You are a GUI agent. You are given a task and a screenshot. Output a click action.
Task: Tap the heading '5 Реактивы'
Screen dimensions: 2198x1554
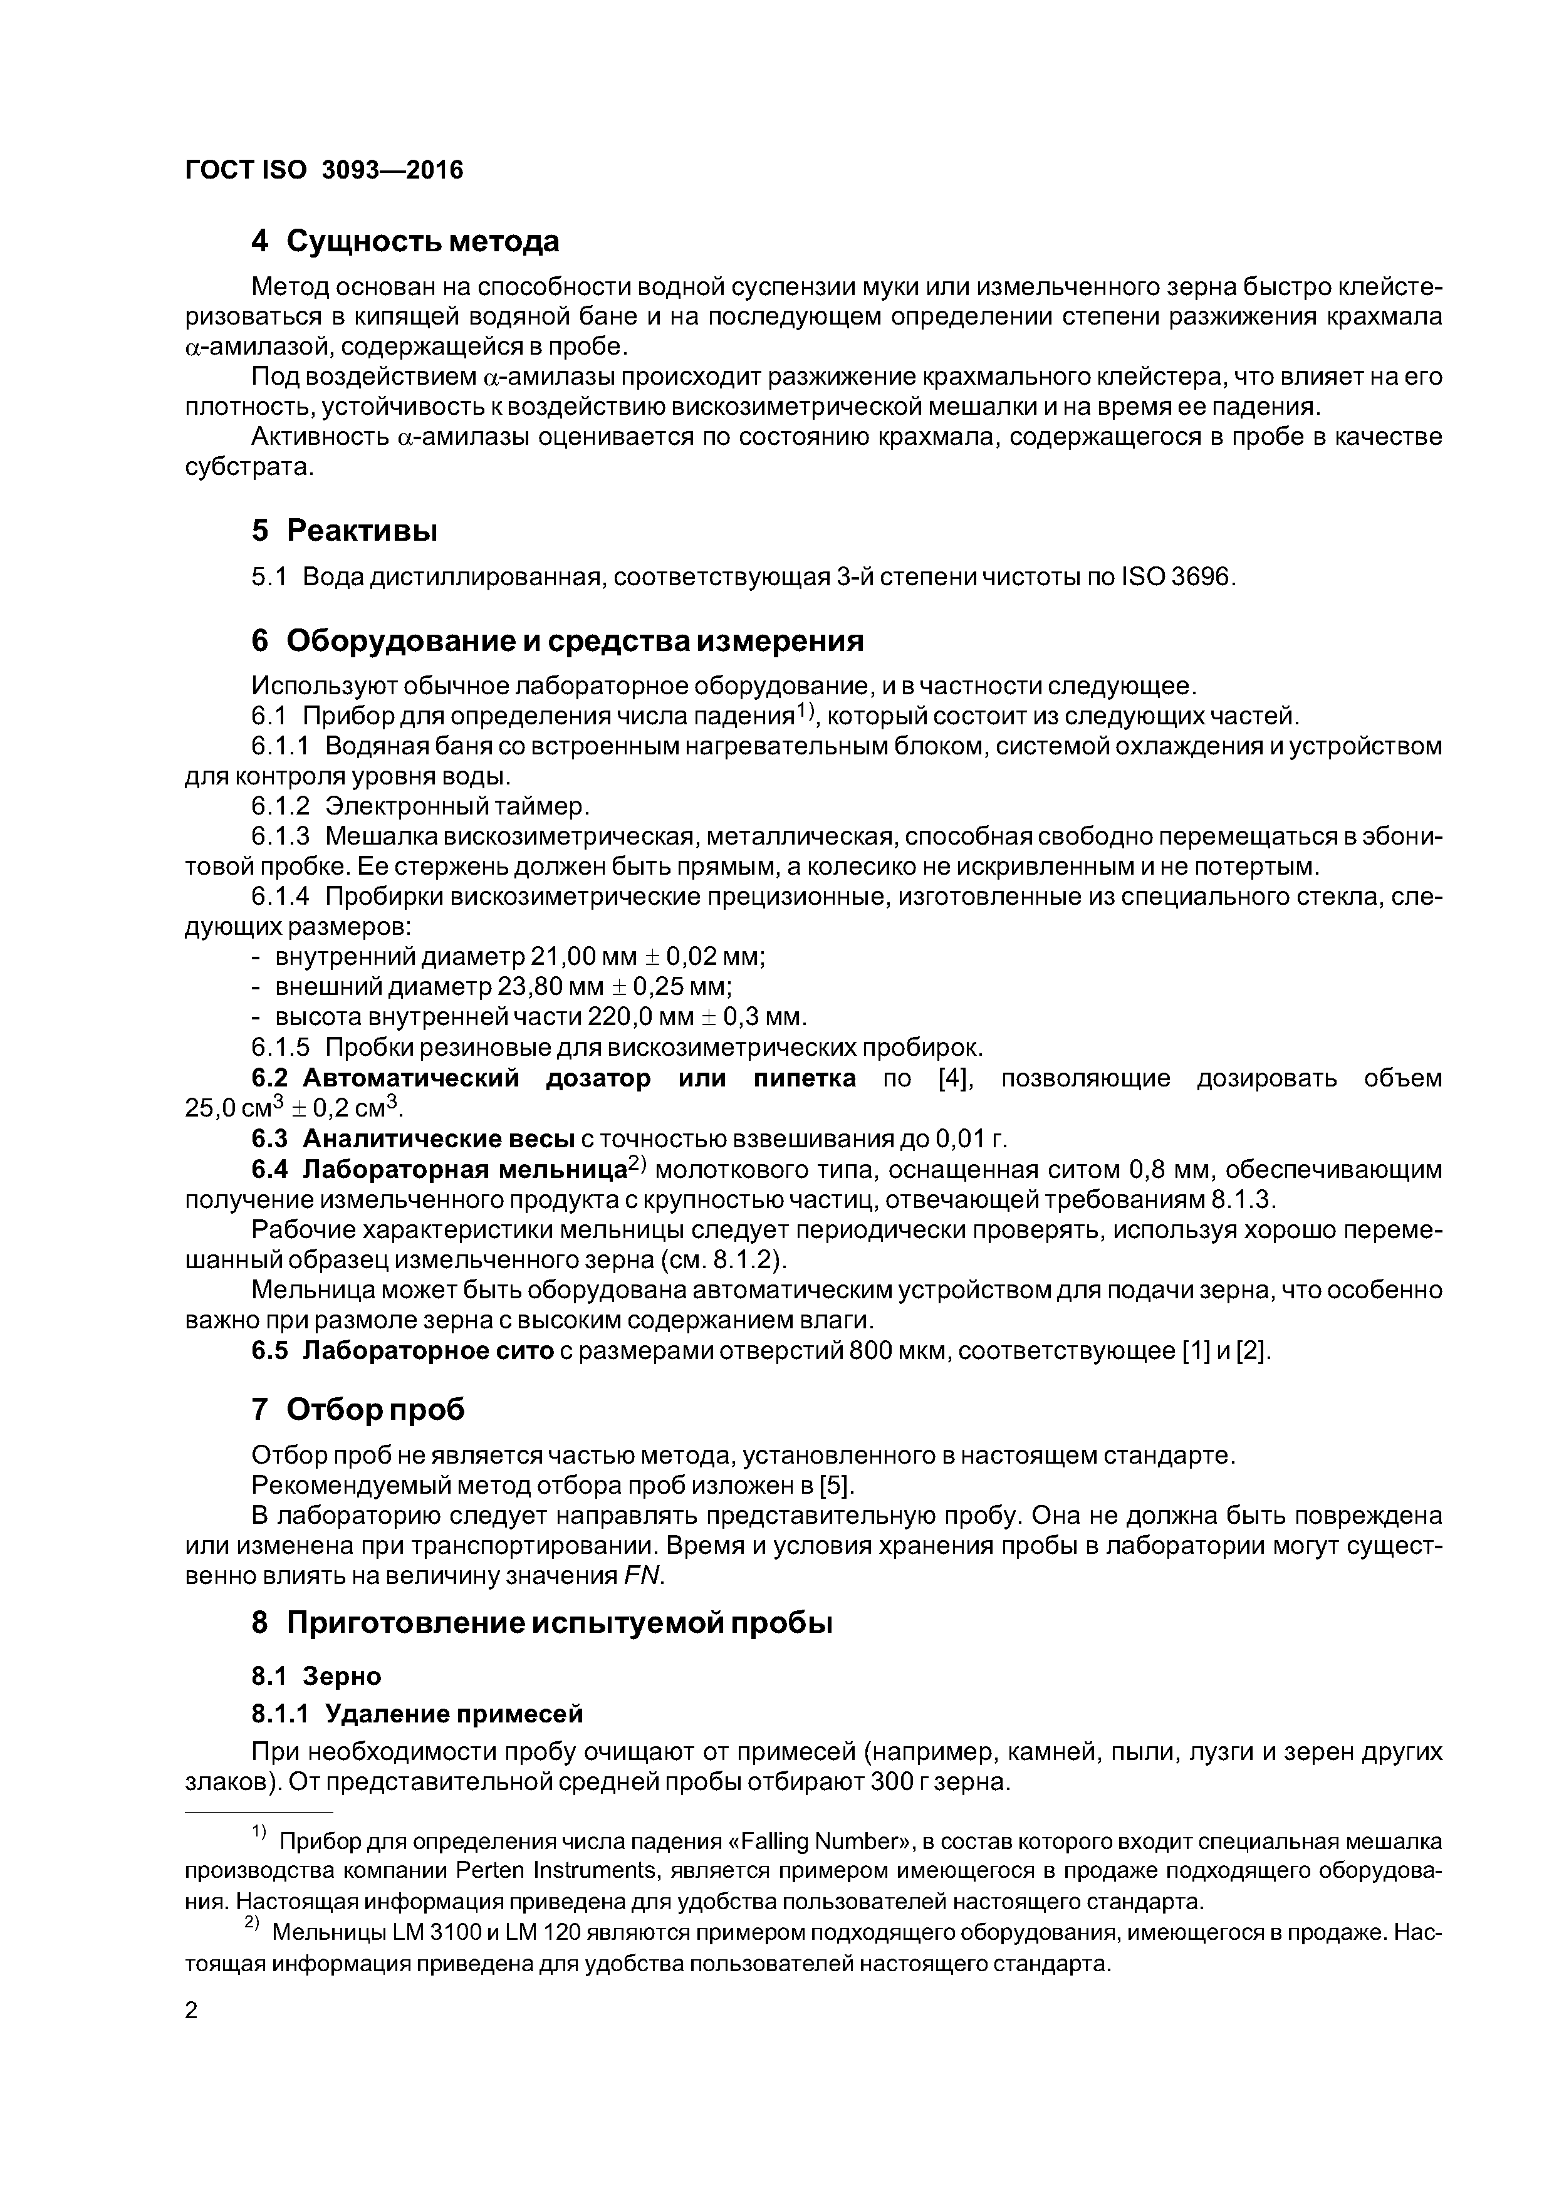pos(345,529)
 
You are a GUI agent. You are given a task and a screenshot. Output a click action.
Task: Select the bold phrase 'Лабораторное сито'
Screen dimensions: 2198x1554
pos(428,1351)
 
